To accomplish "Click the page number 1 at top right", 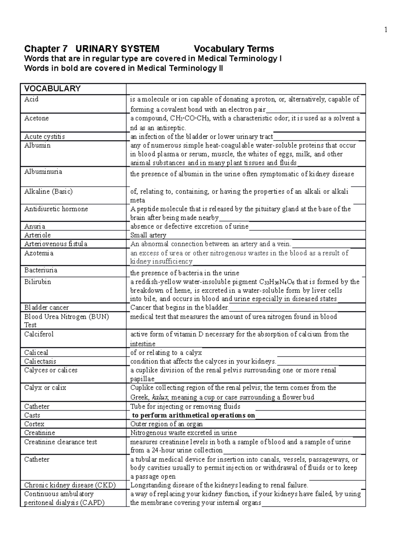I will click(386, 30).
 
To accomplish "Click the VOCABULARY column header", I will click(52, 89).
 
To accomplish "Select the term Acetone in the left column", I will click(36, 118).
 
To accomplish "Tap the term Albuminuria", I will click(43, 172).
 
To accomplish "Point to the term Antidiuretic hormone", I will click(56, 209).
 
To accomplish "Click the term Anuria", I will click(35, 227).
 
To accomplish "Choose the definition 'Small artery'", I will click(148, 236).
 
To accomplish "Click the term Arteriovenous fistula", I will click(56, 244).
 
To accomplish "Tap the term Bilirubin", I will click(37, 282).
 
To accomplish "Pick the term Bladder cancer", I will click(46, 308).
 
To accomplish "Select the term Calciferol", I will click(39, 334).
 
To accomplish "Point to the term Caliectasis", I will click(40, 361).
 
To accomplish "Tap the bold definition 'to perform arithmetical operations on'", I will click(194, 415).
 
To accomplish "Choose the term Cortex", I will click(34, 424).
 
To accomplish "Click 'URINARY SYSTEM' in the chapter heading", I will click(117, 49).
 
